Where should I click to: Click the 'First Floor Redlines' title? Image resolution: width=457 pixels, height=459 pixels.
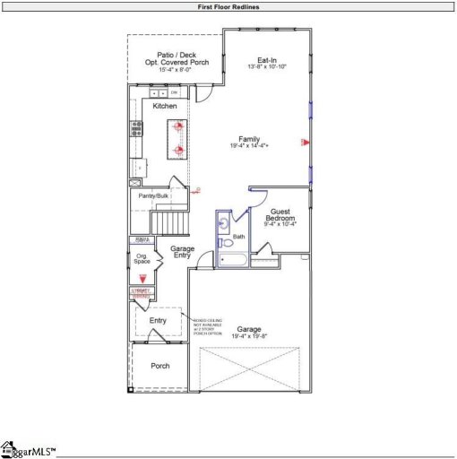[x=228, y=6]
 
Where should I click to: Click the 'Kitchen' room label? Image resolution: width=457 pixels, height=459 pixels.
[x=165, y=107]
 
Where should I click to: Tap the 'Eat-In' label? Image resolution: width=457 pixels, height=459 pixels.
[x=268, y=60]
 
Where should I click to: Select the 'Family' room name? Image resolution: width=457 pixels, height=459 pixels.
[x=249, y=139]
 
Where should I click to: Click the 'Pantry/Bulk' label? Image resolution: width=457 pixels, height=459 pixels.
[x=152, y=195]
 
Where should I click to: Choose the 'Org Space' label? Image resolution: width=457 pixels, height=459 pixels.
[x=142, y=258]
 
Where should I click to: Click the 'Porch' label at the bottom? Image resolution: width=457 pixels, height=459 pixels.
[x=160, y=366]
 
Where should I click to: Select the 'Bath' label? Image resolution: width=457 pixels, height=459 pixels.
[x=239, y=237]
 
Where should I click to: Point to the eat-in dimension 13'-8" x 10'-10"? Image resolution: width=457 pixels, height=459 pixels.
[x=268, y=67]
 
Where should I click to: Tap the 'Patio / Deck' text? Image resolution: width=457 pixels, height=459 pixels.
[x=176, y=55]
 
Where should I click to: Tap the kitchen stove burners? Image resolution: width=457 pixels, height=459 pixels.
[x=136, y=128]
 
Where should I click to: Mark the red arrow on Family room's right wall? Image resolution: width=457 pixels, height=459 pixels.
[x=304, y=142]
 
